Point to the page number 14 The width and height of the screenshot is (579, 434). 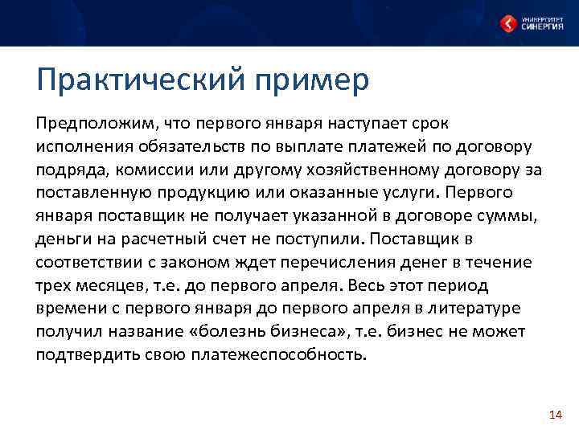[x=554, y=414]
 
